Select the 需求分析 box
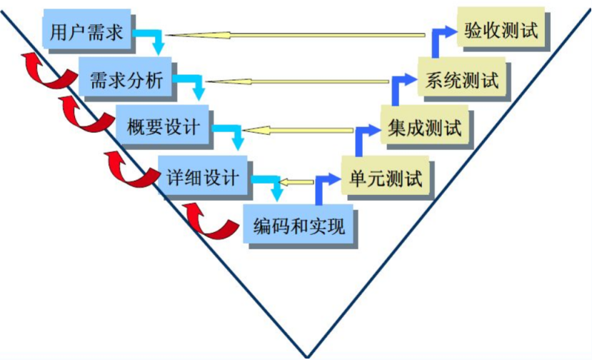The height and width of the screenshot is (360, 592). (126, 79)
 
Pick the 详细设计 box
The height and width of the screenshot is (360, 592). (203, 176)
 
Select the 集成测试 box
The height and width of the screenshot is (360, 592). (425, 128)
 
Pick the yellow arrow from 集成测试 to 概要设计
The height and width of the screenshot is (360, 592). (298, 130)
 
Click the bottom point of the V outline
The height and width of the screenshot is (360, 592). (307, 355)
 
